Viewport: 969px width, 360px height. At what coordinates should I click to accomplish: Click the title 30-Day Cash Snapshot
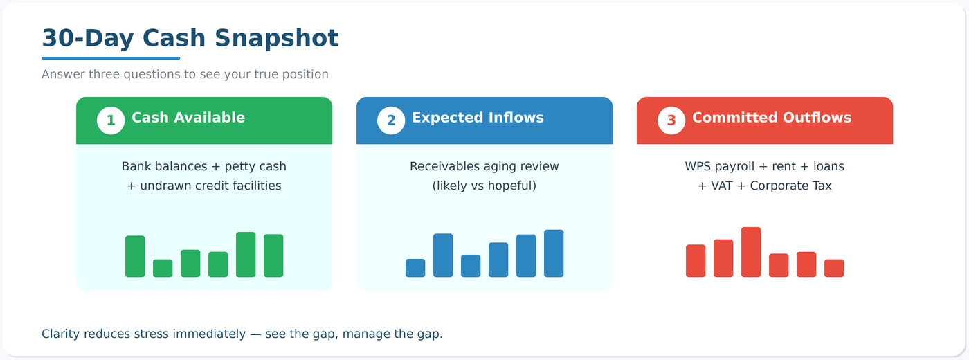(x=190, y=38)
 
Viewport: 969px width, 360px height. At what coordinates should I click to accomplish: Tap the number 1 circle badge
(x=111, y=120)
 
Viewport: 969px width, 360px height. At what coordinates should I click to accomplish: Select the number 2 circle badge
(x=391, y=120)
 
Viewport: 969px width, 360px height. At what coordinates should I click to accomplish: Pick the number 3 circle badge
(x=671, y=120)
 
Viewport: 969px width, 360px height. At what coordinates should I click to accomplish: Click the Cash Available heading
(x=188, y=118)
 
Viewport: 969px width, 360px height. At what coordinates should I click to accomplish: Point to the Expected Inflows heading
(x=478, y=118)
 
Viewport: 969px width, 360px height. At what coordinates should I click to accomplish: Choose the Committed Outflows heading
(x=772, y=118)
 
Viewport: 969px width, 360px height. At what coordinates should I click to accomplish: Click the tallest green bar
(x=246, y=255)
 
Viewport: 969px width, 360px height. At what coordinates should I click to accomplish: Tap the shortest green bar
(x=163, y=269)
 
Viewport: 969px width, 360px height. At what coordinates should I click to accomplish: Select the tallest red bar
(x=751, y=252)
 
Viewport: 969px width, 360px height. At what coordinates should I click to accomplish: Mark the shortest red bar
(x=834, y=269)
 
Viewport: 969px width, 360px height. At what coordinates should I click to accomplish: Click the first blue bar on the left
(x=415, y=268)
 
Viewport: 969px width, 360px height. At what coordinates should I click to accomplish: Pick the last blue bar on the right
(x=554, y=253)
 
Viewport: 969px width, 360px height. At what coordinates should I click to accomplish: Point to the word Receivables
(x=446, y=167)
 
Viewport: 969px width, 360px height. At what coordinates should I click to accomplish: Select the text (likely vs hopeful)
(x=484, y=186)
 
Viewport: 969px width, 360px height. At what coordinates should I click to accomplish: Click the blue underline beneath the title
(x=111, y=58)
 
